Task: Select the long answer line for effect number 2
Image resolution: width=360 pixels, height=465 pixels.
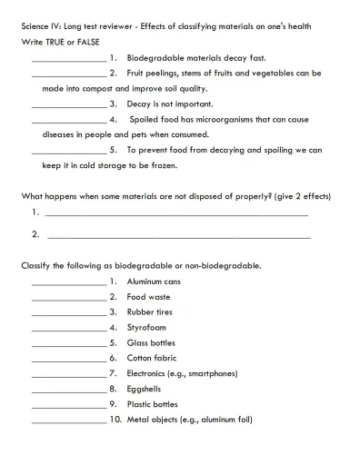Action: click(177, 237)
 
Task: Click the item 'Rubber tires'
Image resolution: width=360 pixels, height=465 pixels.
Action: click(150, 312)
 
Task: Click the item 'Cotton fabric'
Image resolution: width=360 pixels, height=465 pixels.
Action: click(152, 358)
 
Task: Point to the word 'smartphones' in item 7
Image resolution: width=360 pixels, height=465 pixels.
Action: click(208, 373)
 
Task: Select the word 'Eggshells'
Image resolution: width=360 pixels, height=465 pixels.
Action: click(145, 389)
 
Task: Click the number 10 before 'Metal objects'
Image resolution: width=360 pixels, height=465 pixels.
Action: click(115, 420)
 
